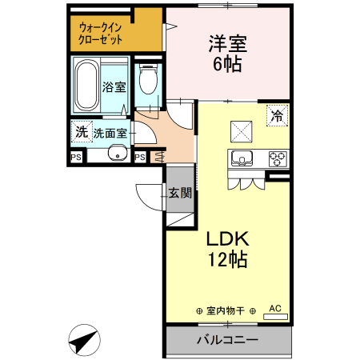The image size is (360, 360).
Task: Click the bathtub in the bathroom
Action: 86,86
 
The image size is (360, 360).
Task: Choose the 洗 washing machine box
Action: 80,132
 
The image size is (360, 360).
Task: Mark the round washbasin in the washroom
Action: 117,155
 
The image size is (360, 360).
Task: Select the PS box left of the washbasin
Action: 77,157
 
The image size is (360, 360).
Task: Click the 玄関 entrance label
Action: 180,192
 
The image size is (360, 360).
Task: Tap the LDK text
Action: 229,238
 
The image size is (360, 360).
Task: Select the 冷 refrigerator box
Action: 278,115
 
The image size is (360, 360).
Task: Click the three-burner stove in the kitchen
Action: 277,157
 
